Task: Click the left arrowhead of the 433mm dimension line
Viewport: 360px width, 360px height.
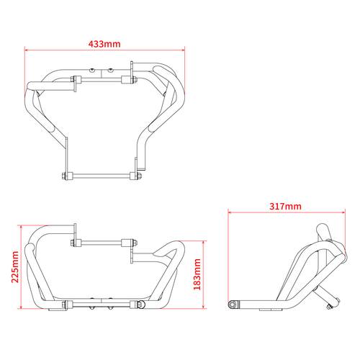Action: pyautogui.click(x=27, y=51)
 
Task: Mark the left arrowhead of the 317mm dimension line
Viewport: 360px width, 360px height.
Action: pyautogui.click(x=229, y=213)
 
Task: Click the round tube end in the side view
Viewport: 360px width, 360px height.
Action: pyautogui.click(x=234, y=305)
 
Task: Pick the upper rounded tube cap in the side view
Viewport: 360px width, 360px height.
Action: pyautogui.click(x=322, y=231)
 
